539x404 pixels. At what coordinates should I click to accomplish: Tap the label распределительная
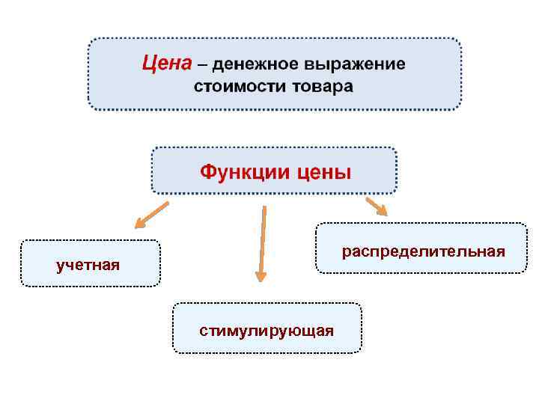423,251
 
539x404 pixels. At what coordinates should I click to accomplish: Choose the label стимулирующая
267,330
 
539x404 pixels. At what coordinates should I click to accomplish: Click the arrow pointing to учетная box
152,215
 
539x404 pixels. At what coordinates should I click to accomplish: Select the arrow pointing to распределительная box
377,206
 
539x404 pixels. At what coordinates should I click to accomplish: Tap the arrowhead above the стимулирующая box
261,276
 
